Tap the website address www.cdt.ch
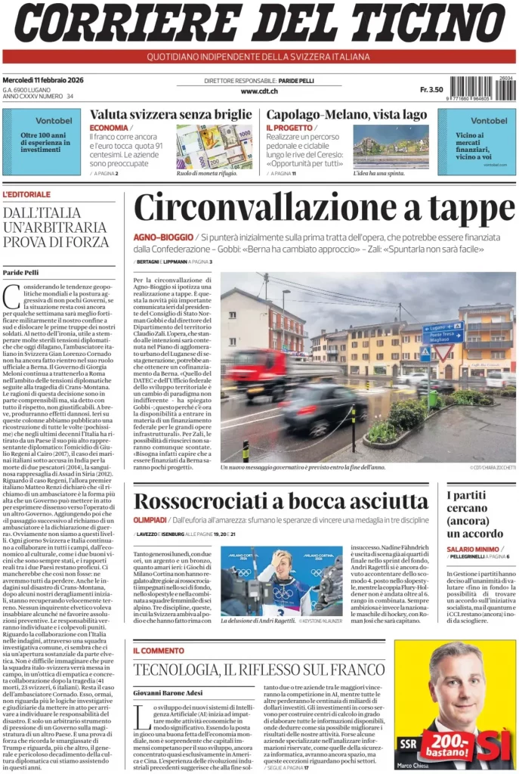pos(259,91)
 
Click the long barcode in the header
pos(471,88)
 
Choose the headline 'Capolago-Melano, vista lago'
pos(346,115)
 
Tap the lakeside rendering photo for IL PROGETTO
pos(391,146)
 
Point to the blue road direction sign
pos(443,333)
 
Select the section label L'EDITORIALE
pos(26,194)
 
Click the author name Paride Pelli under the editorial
pos(20,272)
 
